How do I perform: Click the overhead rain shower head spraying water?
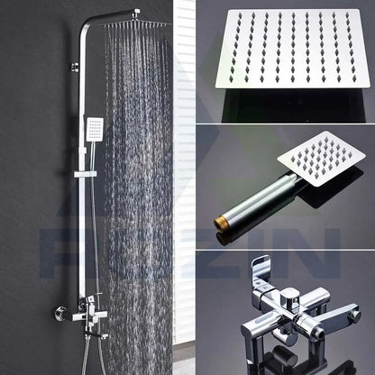click(x=138, y=23)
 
